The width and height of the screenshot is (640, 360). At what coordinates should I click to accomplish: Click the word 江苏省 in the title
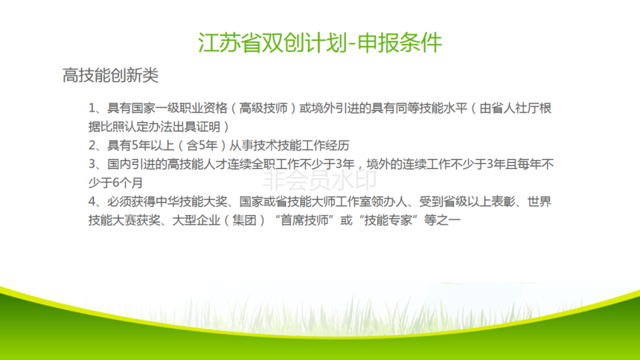[x=229, y=43]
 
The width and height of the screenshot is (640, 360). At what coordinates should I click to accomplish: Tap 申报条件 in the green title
[x=400, y=43]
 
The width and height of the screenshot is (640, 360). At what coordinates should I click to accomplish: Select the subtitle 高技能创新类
[x=110, y=76]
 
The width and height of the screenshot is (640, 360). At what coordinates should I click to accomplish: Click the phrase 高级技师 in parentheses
[x=263, y=109]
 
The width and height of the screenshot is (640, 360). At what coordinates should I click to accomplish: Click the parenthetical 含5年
[x=202, y=146]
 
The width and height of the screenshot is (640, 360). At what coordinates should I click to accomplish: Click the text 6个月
[x=127, y=183]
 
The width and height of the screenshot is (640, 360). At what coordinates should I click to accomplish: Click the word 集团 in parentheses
[x=244, y=220]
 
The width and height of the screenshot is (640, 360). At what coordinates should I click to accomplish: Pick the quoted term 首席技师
[x=304, y=220]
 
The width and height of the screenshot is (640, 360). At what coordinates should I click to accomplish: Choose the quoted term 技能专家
[x=388, y=220]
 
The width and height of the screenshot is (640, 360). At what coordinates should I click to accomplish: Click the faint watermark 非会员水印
[x=319, y=181]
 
